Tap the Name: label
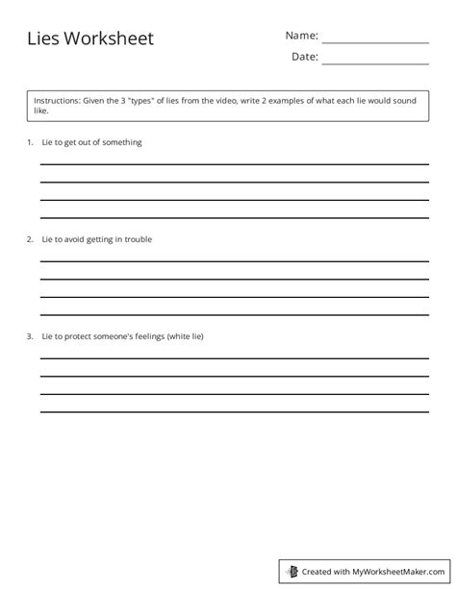pyautogui.click(x=301, y=36)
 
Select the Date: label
pyautogui.click(x=304, y=57)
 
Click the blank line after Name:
pyautogui.click(x=374, y=42)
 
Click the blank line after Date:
pyautogui.click(x=374, y=63)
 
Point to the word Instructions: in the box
pyautogui.click(x=58, y=100)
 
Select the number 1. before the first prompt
pyautogui.click(x=30, y=142)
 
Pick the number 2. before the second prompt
pyautogui.click(x=30, y=239)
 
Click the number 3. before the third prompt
pyautogui.click(x=30, y=336)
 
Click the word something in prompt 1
pyautogui.click(x=120, y=142)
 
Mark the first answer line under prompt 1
pyautogui.click(x=235, y=164)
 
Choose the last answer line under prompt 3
pyautogui.click(x=235, y=411)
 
